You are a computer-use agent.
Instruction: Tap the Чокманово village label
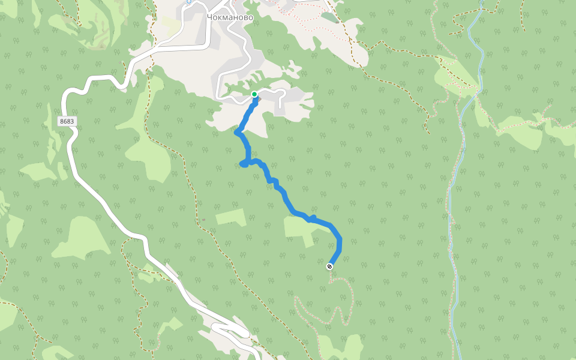tap(230, 17)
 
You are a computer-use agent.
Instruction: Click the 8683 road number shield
tap(67, 121)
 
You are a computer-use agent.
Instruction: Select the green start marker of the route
tap(254, 94)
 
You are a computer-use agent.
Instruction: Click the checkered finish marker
tap(329, 266)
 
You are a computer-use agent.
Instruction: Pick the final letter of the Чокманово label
tap(250, 17)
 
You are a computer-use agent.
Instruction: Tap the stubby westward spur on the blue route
tap(243, 163)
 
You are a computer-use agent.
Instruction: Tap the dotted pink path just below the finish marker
tap(331, 280)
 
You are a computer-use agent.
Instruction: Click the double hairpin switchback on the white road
tap(231, 329)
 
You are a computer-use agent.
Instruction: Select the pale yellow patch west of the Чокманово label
tap(170, 26)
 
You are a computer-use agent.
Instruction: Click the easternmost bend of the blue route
tap(340, 241)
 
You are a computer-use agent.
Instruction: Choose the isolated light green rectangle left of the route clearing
tap(231, 217)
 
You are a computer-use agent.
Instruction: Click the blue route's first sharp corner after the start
tap(238, 133)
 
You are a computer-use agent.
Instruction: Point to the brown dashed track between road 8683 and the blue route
tap(193, 192)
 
